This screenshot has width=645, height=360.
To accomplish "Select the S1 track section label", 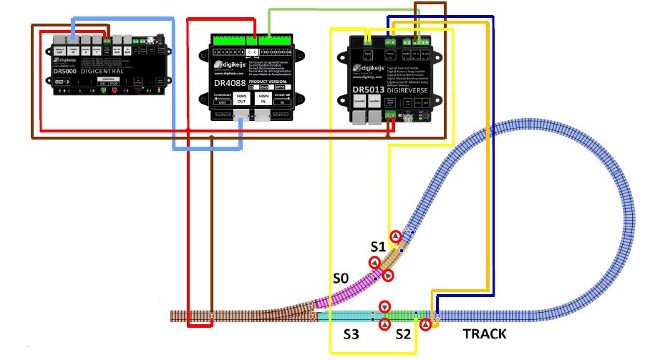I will pos(377,247).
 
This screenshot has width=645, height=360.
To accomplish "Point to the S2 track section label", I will pos(404,334).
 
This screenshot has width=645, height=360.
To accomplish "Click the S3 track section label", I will pos(351,334).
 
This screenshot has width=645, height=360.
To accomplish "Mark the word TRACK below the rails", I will pos(485,334).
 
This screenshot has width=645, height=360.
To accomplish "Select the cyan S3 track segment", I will pos(344,316).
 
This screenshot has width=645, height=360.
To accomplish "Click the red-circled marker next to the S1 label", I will pos(396,236).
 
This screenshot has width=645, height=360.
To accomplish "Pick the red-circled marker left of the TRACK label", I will pos(426,325).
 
